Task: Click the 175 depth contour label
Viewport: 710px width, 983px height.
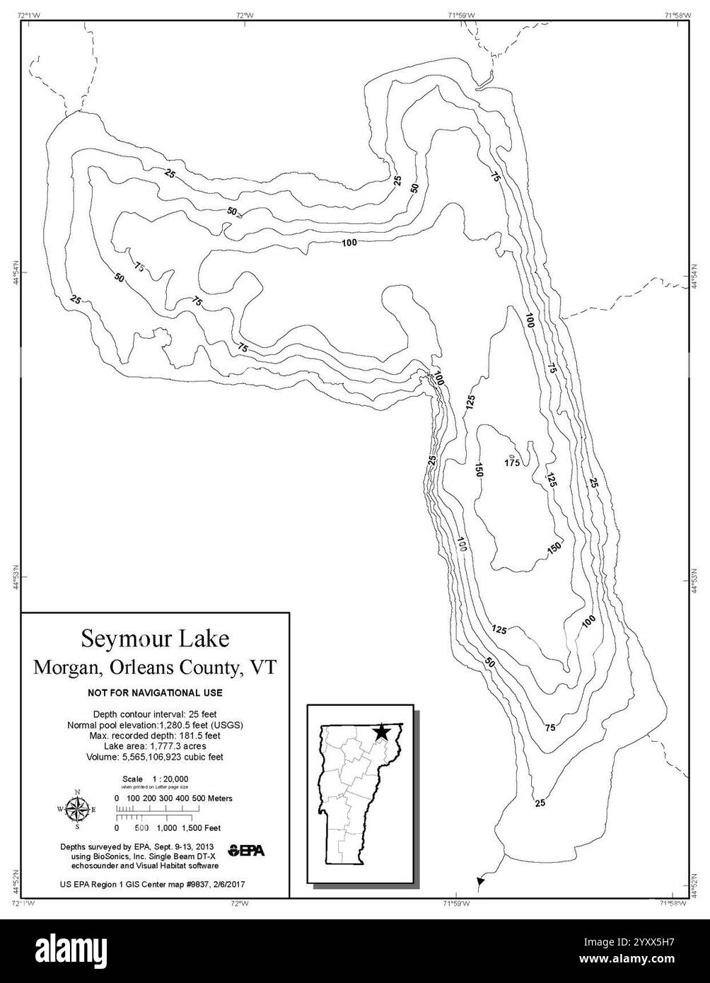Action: [512, 463]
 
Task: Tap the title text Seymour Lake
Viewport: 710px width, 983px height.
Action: [155, 639]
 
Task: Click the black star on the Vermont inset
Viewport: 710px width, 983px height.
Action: [380, 732]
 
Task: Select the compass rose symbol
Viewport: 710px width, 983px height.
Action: [77, 808]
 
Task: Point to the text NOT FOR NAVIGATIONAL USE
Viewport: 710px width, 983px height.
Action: [155, 692]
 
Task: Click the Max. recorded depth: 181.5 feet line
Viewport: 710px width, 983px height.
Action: [155, 735]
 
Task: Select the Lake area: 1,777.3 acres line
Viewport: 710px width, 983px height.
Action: [155, 745]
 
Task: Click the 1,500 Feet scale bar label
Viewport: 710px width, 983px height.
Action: [202, 827]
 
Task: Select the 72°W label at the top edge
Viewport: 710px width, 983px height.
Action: [245, 14]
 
